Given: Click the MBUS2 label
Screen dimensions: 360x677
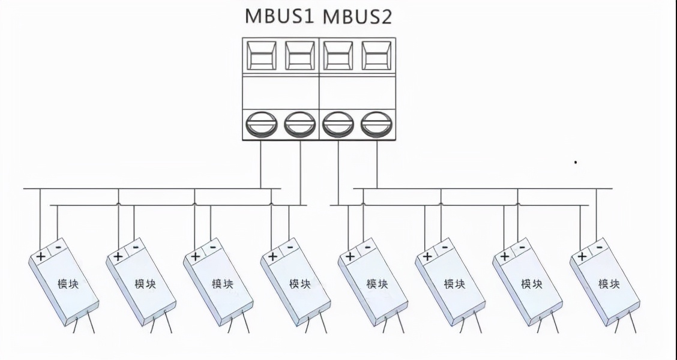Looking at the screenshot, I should tap(358, 16).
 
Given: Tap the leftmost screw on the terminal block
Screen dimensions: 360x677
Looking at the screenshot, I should tap(262, 124).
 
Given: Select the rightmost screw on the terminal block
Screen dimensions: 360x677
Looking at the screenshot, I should tap(376, 124).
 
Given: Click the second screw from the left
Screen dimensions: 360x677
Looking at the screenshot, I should tap(299, 124).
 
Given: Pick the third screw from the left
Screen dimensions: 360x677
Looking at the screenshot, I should tap(338, 124).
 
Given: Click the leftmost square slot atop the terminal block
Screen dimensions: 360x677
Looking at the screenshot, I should tap(262, 56).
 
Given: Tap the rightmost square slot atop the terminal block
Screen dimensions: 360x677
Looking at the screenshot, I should tap(376, 56).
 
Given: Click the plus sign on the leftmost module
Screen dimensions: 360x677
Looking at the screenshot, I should tap(41, 256).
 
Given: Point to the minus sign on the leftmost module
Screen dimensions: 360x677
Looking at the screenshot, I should tap(58, 247).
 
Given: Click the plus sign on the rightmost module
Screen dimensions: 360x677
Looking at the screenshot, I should tap(581, 256).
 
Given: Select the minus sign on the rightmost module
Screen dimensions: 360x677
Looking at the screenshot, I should tap(598, 247).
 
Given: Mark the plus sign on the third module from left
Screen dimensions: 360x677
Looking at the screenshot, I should tap(195, 256).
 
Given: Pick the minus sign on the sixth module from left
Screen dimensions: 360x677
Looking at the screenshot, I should tap(444, 247).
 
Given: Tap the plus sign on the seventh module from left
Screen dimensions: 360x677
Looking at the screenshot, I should tap(504, 256).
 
